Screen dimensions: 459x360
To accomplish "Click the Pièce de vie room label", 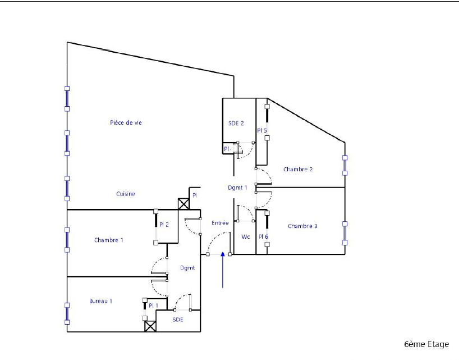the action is point(126,122).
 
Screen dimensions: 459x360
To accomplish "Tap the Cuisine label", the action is point(126,194).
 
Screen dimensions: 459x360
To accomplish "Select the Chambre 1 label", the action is point(109,240).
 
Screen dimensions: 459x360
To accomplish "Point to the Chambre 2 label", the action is point(298,169).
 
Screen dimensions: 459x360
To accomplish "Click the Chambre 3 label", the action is point(302,226).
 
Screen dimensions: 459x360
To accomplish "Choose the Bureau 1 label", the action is point(100,301).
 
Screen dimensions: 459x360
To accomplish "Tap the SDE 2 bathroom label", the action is point(236,124).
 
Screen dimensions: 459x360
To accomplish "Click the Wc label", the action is point(246,236).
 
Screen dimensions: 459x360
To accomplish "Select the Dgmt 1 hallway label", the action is point(237,188).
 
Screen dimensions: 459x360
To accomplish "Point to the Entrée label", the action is point(220,223).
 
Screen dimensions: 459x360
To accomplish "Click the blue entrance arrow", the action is point(223,270).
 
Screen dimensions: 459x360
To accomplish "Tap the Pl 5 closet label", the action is point(261,130).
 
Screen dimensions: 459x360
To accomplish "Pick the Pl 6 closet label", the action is point(264,236).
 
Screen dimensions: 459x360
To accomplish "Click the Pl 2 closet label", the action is point(164,225).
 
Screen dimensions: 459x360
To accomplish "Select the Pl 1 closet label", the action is point(153,306).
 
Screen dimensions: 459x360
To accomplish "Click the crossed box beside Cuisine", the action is point(183,204).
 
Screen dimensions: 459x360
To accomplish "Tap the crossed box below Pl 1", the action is point(150,326).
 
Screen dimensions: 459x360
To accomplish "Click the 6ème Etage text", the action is point(426,344).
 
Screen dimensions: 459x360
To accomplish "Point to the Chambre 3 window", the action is point(345,233).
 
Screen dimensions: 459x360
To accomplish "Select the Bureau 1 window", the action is point(67,314).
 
